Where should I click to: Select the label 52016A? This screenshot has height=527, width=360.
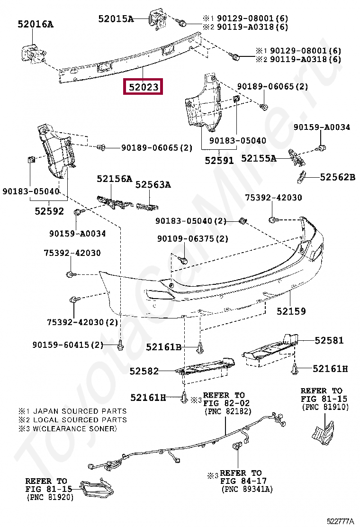tap(36, 24)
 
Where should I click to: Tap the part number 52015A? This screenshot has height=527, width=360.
tap(116, 19)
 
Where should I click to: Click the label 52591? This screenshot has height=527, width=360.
tap(219, 160)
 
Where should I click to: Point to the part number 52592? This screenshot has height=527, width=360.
tap(49, 211)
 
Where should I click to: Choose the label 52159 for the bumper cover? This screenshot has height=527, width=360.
tap(291, 311)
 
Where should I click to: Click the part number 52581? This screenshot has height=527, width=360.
tap(329, 340)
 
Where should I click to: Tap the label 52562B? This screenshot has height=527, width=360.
tap(337, 177)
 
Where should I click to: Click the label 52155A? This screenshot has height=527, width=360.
tap(259, 158)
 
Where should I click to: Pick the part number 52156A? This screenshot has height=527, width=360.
tap(114, 179)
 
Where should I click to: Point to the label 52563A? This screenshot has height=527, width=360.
tap(153, 185)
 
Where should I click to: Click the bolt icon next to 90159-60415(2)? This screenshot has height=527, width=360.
tap(120, 345)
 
